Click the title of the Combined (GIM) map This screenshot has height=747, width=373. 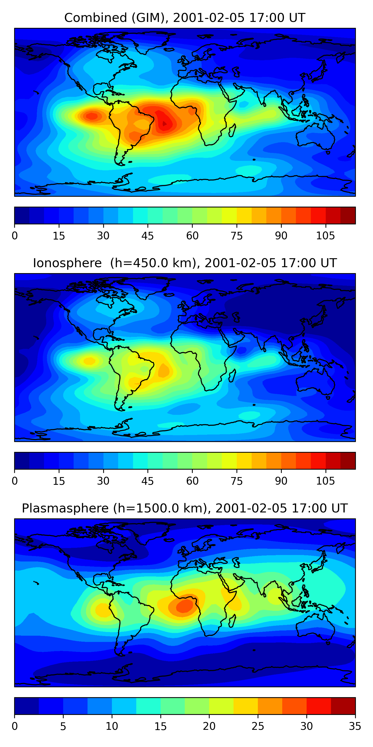(x=185, y=18)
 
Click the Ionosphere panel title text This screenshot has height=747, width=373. (x=185, y=263)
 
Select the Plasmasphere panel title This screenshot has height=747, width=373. (x=185, y=508)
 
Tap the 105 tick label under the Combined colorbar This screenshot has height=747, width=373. (x=325, y=236)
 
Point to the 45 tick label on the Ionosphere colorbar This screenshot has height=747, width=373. (x=147, y=481)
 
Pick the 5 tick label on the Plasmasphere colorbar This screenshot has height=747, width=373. (x=63, y=726)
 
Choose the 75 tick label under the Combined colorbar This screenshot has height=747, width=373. (x=236, y=236)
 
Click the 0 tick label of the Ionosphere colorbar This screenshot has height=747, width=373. (x=15, y=481)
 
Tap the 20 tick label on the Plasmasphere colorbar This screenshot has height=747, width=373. (x=209, y=726)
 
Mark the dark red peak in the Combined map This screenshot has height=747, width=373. (x=164, y=124)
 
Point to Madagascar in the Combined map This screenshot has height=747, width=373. (x=232, y=130)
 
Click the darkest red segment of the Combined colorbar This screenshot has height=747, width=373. (x=348, y=215)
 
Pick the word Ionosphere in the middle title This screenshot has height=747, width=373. (x=67, y=263)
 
